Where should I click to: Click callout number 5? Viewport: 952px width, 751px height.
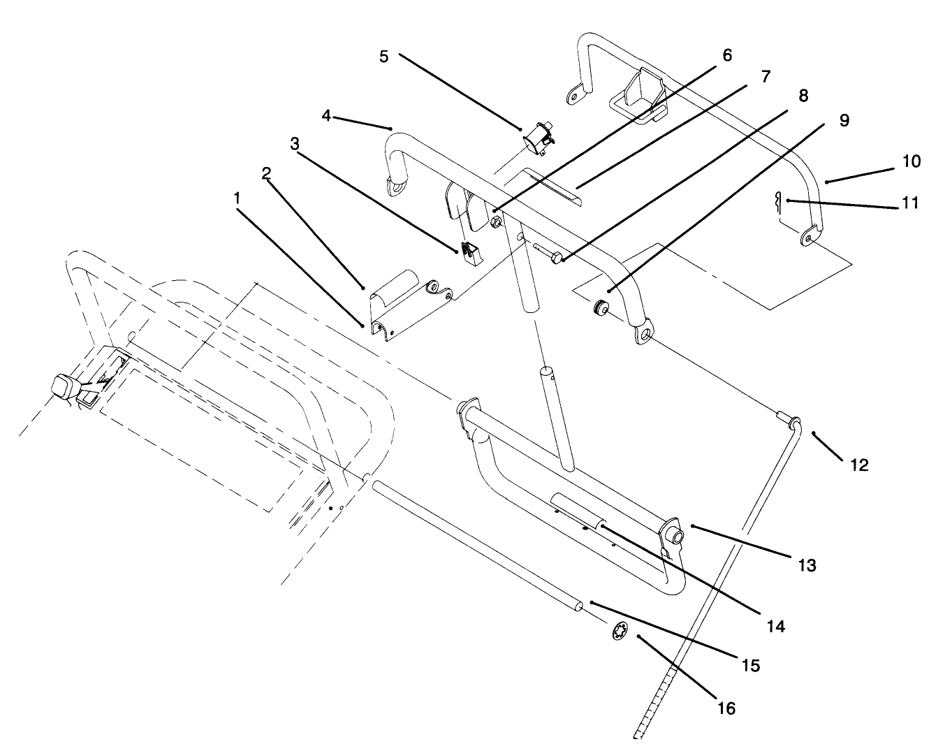tap(383, 57)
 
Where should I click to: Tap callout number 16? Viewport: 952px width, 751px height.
tap(726, 708)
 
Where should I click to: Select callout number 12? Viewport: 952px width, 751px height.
tap(859, 465)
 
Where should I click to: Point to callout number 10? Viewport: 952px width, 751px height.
tap(911, 161)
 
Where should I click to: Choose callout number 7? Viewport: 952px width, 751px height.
tap(766, 77)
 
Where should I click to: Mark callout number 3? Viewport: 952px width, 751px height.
tap(295, 143)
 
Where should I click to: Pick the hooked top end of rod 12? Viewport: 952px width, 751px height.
tap(789, 421)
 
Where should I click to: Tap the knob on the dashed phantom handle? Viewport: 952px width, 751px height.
tap(64, 386)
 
